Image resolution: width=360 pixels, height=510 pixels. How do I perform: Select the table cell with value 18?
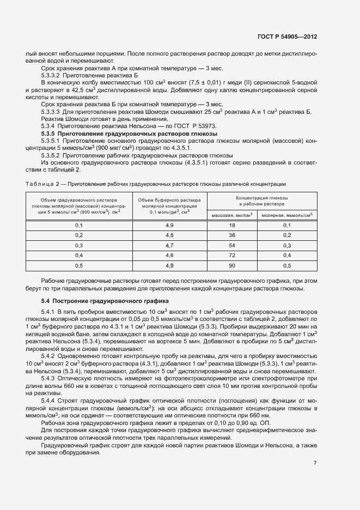point(231,225)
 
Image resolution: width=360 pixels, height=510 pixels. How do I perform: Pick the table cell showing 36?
point(231,235)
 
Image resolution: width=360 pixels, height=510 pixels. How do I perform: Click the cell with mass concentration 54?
point(231,245)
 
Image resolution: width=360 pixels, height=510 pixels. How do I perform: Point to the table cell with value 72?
point(231,255)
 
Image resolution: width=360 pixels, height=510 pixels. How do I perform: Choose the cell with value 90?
point(231,265)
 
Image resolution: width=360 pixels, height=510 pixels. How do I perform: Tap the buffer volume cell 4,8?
point(169,235)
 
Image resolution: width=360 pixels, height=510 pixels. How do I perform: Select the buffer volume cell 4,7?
point(169,245)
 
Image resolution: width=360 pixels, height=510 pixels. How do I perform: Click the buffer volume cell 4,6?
point(169,255)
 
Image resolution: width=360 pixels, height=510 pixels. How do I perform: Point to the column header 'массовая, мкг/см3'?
point(231,215)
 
